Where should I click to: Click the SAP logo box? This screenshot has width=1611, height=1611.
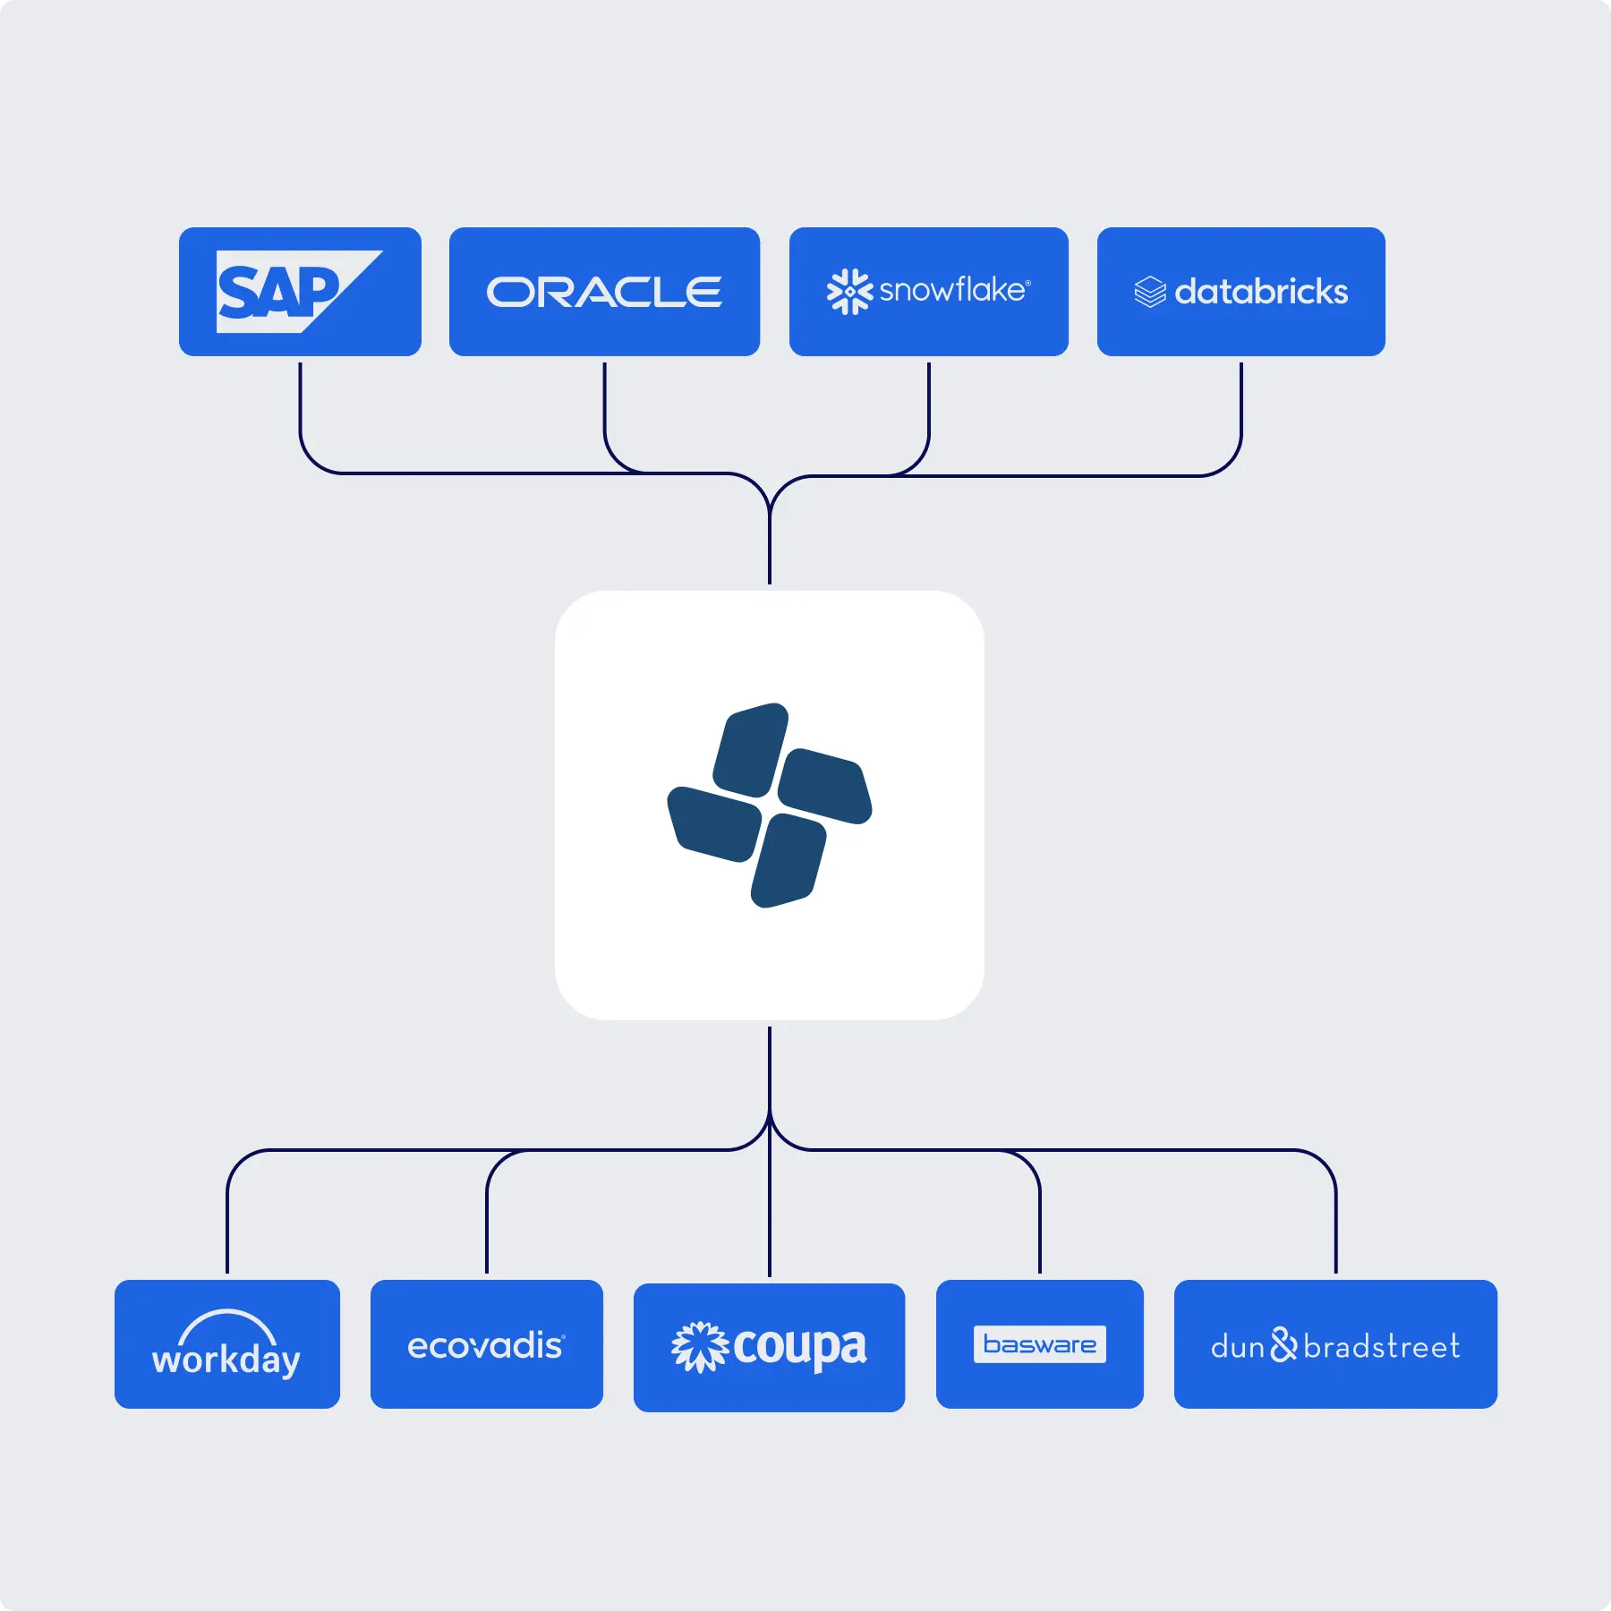coord(299,292)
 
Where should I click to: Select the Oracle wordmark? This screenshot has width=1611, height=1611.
coord(604,292)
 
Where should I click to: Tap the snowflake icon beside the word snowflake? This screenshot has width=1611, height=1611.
coord(848,292)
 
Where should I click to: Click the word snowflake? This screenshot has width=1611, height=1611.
coord(952,290)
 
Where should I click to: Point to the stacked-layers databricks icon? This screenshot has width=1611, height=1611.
coord(1149,292)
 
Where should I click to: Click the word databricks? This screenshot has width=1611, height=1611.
coord(1260,292)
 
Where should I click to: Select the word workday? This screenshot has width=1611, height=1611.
coord(226,1360)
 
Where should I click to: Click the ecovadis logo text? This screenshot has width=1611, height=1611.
coord(485,1345)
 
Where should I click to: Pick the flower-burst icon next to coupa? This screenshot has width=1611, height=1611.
coord(699,1346)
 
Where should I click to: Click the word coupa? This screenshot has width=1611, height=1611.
coord(799,1347)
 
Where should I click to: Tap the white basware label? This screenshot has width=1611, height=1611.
coord(1039,1344)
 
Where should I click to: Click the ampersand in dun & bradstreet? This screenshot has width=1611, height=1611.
coord(1283,1344)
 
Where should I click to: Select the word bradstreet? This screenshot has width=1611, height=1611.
coord(1381,1346)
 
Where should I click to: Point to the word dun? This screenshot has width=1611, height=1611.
coord(1237,1346)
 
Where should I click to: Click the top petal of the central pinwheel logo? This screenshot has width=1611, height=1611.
coord(751,749)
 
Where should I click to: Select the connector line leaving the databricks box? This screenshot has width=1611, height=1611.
coord(1240,412)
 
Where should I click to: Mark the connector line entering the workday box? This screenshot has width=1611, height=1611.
coord(227,1226)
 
